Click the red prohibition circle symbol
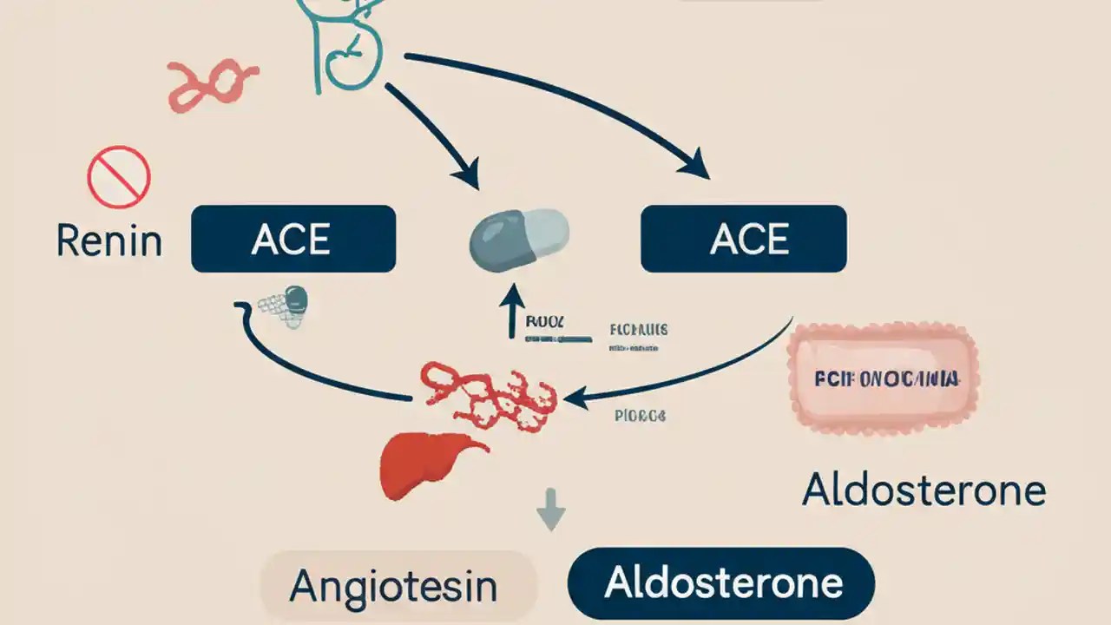coord(119,177)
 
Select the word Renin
coord(109,240)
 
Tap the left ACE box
coord(293,239)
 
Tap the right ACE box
coord(743,239)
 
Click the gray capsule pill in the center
coord(519,234)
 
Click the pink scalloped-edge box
coord(883,379)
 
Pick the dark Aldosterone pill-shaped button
coord(721,582)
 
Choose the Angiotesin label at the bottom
coord(393,587)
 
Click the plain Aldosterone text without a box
coord(924,490)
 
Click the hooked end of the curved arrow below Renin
coord(242,311)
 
